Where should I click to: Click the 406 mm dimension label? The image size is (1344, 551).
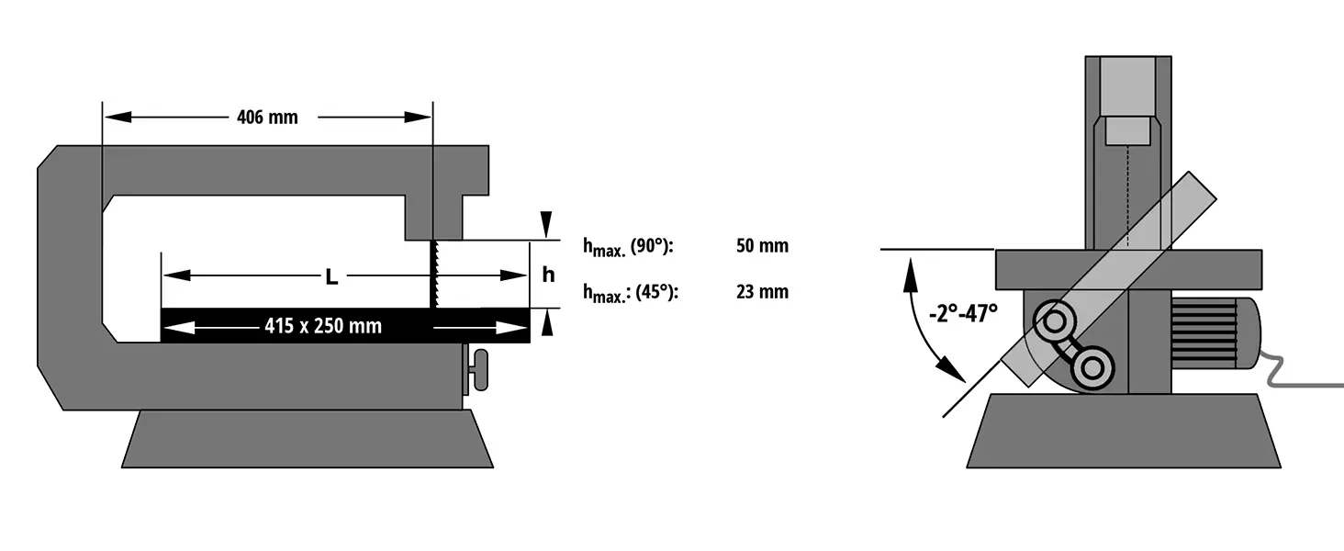267,118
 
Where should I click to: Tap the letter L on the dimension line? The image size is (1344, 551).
331,276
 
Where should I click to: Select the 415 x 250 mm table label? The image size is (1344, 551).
323,326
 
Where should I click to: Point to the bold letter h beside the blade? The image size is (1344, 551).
548,275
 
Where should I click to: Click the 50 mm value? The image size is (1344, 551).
762,246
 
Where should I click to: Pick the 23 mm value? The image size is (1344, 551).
762,292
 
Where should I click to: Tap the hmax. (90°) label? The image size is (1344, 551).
629,246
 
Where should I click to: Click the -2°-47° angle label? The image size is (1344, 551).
962,313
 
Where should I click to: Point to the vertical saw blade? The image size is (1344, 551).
431,274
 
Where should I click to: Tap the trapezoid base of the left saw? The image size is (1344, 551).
308,439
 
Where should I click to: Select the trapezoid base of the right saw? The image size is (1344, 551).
1124,431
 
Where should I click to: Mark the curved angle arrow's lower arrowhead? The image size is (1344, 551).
954,371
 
